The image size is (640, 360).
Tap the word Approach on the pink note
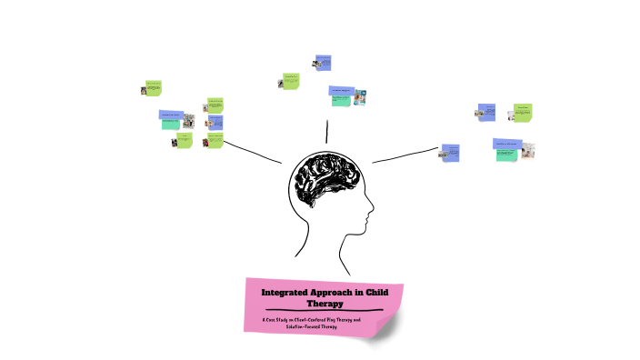337,293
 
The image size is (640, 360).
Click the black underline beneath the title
324,311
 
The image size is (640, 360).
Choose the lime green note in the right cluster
523,112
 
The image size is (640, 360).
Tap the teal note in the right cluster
506,154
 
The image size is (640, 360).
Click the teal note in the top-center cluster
341,101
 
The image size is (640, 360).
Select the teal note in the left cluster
171,124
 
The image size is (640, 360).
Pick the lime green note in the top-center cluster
291,80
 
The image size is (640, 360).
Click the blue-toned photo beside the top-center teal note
360,96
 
